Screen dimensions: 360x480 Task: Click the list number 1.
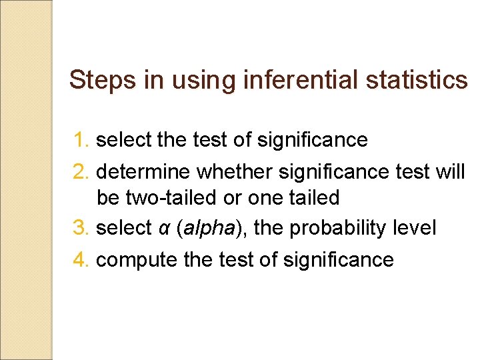(81, 140)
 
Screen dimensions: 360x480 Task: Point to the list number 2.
(81, 172)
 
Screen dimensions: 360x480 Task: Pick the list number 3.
(81, 228)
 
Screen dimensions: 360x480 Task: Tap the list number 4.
(81, 259)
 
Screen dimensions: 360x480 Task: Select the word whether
(234, 172)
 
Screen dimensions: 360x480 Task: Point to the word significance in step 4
(338, 259)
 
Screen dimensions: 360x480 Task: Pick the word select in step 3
(124, 228)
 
